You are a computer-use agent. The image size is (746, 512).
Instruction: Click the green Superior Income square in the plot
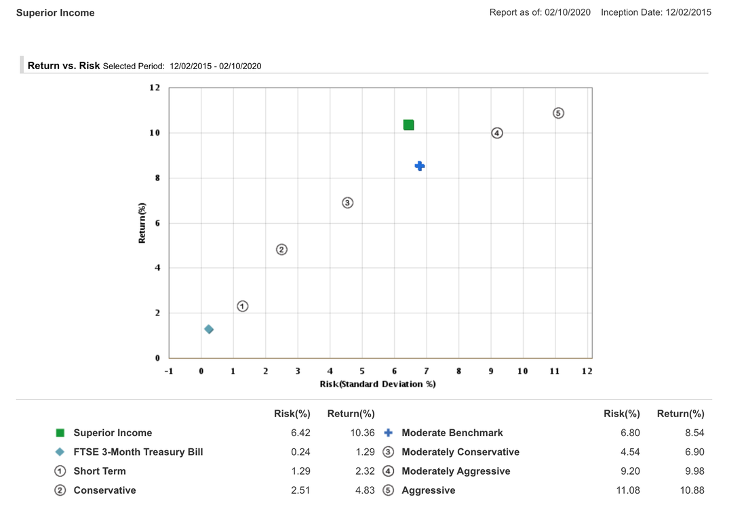408,125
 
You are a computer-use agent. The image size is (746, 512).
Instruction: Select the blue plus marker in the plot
420,166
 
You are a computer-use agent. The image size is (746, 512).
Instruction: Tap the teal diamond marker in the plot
209,330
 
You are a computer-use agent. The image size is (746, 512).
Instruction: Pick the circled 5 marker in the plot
558,113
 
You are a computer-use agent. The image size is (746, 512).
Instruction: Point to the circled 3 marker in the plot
348,203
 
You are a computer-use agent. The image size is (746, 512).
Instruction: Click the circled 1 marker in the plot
243,307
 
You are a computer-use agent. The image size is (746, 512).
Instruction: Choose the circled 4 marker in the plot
497,133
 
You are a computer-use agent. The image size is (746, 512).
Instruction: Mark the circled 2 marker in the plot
282,250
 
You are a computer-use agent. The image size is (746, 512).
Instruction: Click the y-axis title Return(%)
142,223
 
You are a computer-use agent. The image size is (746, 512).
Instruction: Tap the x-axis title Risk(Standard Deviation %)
378,385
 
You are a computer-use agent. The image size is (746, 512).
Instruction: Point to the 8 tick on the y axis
157,178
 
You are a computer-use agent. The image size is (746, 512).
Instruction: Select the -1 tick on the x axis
169,371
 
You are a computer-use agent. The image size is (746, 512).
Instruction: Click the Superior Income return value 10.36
360,433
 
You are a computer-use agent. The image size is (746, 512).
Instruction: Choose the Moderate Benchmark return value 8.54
694,433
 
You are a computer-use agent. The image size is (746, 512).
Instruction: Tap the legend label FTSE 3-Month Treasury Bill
138,452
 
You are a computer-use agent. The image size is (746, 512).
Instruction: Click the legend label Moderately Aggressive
456,471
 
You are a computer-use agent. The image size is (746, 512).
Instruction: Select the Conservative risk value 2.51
300,490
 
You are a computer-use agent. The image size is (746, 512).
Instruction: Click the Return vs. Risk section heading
64,66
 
